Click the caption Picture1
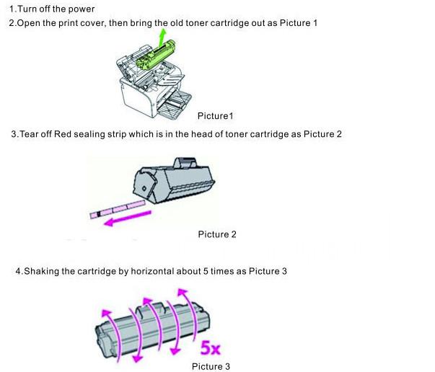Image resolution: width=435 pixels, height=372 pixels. pos(215,116)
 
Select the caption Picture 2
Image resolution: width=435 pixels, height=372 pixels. pos(217,234)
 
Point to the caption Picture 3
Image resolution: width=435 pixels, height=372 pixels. pos(211,366)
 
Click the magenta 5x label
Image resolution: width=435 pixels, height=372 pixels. pos(211,347)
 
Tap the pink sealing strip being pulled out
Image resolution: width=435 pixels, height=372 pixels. pos(118,210)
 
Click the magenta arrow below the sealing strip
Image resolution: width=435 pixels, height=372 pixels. pos(128,218)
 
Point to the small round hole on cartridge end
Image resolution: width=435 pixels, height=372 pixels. pos(144,189)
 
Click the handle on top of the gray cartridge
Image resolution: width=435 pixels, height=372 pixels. pos(185,163)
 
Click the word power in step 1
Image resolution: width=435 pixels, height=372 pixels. pos(82,9)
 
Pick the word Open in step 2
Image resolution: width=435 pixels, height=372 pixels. pos(29,23)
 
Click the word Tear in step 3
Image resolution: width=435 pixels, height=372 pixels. pos(29,134)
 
